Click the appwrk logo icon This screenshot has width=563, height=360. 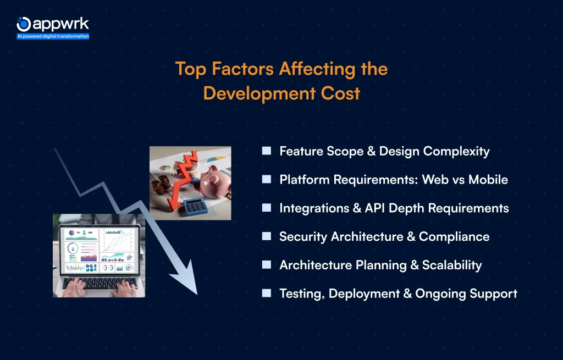point(24,24)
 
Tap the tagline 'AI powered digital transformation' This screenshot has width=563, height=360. point(53,36)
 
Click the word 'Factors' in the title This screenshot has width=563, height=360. point(242,69)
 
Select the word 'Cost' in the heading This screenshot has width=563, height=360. point(340,93)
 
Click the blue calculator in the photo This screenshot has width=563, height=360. point(195,207)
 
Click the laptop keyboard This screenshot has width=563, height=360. point(100,283)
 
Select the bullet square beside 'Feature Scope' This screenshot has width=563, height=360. point(267,151)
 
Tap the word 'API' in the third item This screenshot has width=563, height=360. point(375,208)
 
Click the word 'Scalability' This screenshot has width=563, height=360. point(452,265)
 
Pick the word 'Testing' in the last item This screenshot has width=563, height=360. point(302,294)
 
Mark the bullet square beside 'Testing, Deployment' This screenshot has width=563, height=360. point(267,293)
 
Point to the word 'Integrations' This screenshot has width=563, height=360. point(314,208)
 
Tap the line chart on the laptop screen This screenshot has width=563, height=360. point(118,240)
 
